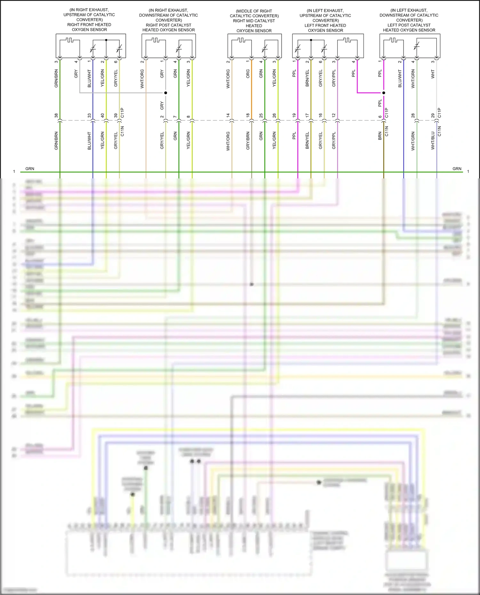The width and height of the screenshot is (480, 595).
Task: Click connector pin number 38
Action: [56, 115]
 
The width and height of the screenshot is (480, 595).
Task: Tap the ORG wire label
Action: [248, 74]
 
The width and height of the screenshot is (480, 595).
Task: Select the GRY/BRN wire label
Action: [248, 141]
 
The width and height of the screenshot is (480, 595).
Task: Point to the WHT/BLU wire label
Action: [433, 141]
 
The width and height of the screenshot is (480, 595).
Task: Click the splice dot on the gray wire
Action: [166, 93]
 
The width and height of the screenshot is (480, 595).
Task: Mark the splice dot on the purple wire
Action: [384, 93]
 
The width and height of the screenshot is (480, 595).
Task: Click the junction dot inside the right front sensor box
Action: [106, 40]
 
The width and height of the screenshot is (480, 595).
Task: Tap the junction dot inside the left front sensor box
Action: [311, 40]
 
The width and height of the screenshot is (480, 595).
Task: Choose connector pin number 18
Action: [248, 115]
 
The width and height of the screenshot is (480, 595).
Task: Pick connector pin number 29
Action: [433, 115]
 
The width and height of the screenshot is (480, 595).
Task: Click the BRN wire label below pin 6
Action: [380, 136]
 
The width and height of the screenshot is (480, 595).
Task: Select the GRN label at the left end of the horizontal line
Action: [30, 168]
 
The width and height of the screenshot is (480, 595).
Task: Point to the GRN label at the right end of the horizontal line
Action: [457, 168]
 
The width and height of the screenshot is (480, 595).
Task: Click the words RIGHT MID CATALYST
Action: [254, 21]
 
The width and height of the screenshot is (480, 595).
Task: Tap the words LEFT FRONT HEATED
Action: [325, 25]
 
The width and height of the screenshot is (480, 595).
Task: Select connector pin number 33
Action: [89, 115]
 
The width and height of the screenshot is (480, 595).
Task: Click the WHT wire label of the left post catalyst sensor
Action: [433, 74]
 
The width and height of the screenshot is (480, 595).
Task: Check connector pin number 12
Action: [333, 115]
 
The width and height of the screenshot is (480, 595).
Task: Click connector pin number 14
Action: [228, 115]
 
